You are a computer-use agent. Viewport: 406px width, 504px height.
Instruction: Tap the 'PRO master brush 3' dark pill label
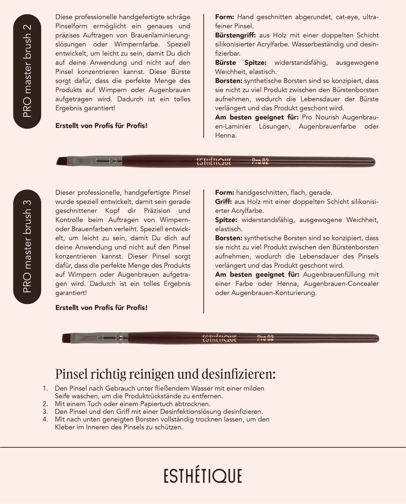tap(27, 247)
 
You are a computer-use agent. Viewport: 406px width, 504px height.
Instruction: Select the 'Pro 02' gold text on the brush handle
tap(260, 162)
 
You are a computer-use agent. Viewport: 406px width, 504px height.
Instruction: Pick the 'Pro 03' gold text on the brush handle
tap(265, 338)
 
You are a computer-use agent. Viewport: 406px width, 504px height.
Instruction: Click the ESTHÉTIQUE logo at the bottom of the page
tap(203, 476)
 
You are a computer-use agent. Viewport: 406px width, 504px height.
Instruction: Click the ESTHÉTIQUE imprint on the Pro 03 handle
tap(219, 338)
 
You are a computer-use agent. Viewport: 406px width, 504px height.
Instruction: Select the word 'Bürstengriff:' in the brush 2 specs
tap(235, 35)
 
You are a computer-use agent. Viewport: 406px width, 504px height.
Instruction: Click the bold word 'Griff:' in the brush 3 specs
tap(223, 202)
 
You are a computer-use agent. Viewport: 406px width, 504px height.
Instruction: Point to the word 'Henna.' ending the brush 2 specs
tap(226, 136)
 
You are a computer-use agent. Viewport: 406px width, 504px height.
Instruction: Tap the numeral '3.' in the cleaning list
tap(45, 412)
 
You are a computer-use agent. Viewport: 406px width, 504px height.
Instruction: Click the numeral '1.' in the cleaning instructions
tap(45, 388)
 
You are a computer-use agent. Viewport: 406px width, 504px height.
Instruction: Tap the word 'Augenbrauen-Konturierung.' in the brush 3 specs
tap(274, 293)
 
